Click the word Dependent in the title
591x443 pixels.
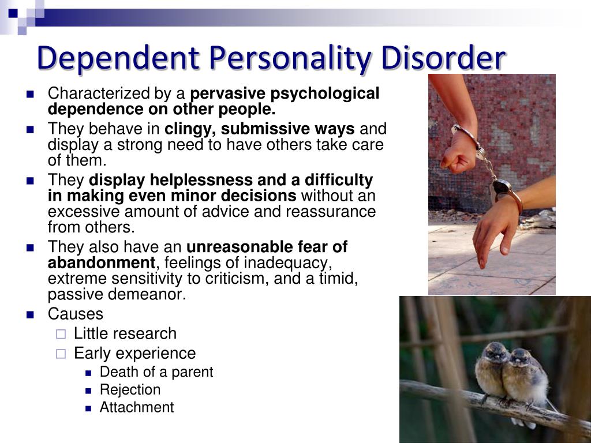point(118,58)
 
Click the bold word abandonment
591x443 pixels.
point(102,262)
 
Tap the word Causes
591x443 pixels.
point(76,314)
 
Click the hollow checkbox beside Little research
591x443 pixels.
point(61,334)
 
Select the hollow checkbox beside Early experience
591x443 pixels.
point(61,354)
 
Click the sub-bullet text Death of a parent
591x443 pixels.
point(156,372)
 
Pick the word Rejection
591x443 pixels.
point(130,390)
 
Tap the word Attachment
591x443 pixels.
point(137,407)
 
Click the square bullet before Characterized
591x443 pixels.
point(30,94)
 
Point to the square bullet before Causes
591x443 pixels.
point(30,314)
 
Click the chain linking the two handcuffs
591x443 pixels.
point(489,169)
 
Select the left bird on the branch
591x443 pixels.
point(491,370)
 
